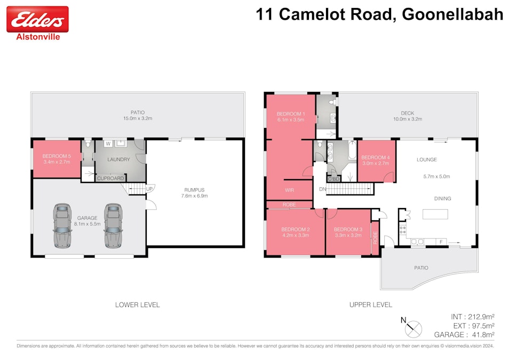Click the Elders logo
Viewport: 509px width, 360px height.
(x=37, y=20)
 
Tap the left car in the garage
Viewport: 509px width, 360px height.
(x=62, y=225)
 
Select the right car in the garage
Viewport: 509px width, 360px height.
(x=113, y=225)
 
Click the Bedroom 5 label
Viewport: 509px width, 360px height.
(x=56, y=156)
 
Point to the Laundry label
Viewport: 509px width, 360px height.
(x=118, y=159)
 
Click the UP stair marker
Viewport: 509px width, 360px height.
(x=149, y=189)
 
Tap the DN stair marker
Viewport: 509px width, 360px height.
(x=322, y=189)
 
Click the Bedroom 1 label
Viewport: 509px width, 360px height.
(x=291, y=114)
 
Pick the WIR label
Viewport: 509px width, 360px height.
(x=290, y=189)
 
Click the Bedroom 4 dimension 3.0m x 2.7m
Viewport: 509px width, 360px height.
(x=376, y=164)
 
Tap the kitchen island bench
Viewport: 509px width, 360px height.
(x=435, y=214)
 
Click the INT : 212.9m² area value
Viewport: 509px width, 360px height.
(x=472, y=316)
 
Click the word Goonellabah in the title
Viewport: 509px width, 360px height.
(x=452, y=14)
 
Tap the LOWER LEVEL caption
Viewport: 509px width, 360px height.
(x=137, y=305)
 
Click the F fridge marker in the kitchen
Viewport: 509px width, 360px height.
(x=441, y=242)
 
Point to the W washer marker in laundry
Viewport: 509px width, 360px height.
(x=108, y=143)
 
